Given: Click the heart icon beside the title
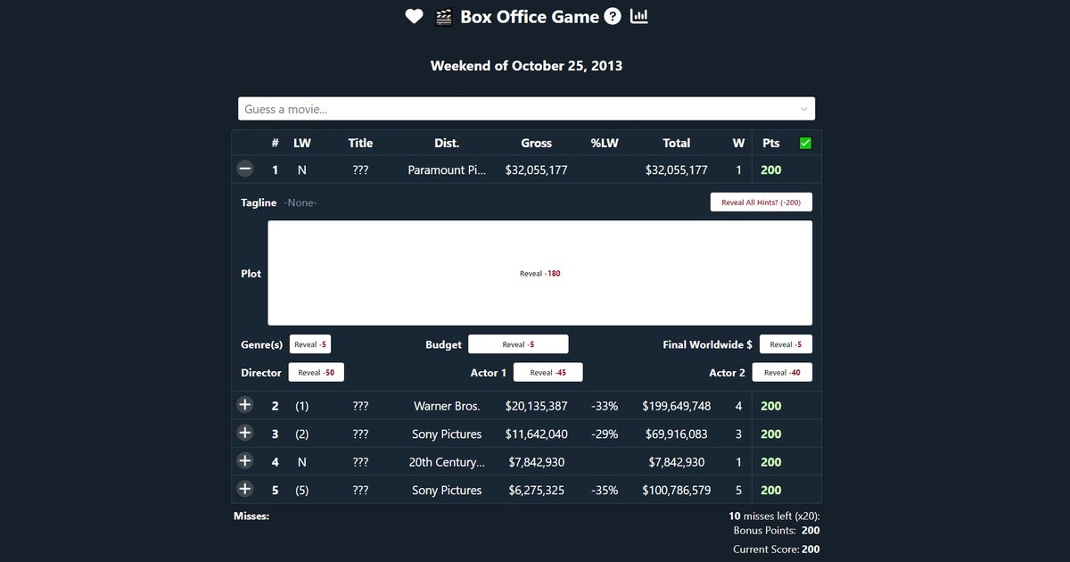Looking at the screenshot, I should coord(414,17).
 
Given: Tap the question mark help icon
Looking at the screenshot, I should coord(613,17).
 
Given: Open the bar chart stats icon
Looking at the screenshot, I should coord(639,17).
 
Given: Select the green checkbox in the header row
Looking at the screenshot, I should coord(805,143).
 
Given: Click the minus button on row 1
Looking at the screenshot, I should coord(245,169).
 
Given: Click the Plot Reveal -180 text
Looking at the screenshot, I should coord(539,273).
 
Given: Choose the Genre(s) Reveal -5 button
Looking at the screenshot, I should coord(310,344).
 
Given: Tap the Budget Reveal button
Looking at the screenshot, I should coord(518,344).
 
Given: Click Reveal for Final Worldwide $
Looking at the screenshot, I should coord(786,344).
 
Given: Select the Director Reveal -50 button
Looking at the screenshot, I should coord(316,372).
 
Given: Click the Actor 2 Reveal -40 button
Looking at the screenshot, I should coord(782,372).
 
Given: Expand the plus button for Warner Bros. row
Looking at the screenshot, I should coord(245,405).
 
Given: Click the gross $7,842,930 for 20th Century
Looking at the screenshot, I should coord(536,462).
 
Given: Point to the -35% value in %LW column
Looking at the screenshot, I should coord(604,490).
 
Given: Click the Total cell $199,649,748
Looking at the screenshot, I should coord(676,406).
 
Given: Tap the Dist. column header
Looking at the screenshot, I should coord(447,143).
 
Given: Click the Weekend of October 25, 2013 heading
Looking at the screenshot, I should coord(526,66).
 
